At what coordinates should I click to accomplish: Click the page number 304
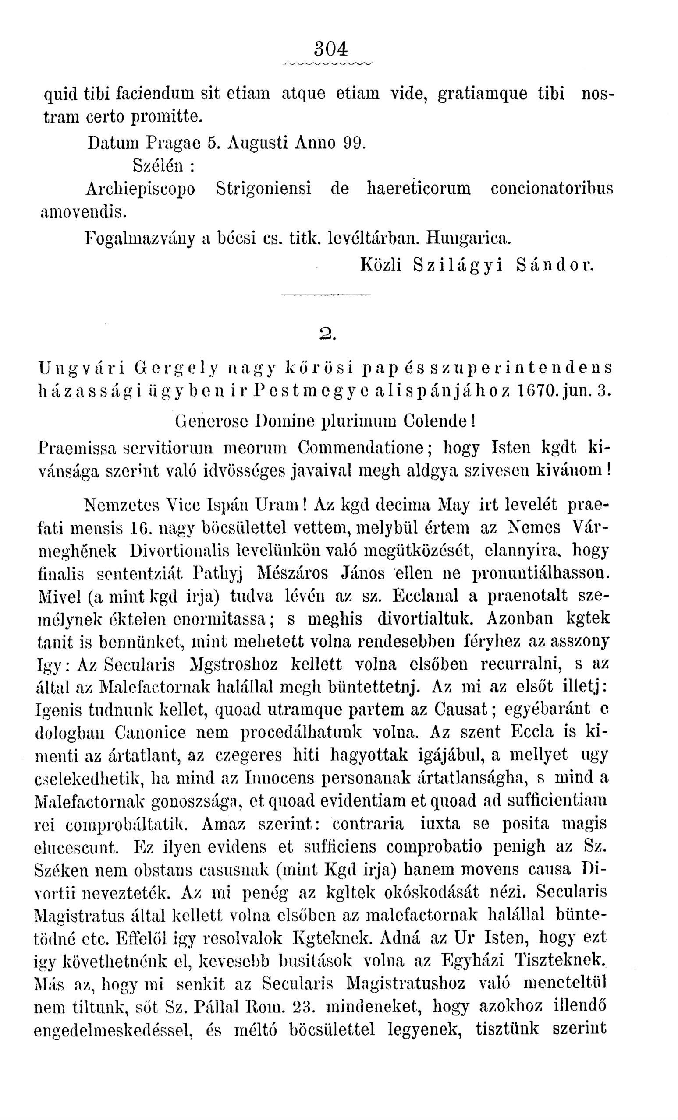(x=331, y=49)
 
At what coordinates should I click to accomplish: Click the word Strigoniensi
(x=263, y=188)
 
